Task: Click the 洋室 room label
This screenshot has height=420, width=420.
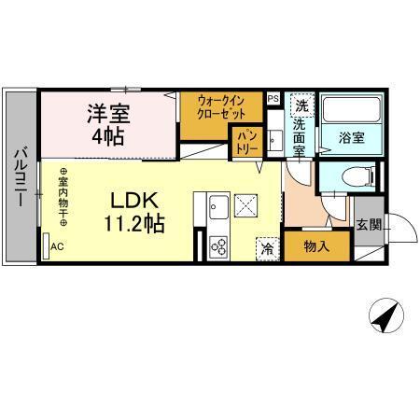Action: tap(108, 114)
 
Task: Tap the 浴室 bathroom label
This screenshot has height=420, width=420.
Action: tap(351, 138)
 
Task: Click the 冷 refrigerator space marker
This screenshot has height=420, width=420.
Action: tap(267, 248)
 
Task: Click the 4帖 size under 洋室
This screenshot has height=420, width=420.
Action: tap(108, 137)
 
